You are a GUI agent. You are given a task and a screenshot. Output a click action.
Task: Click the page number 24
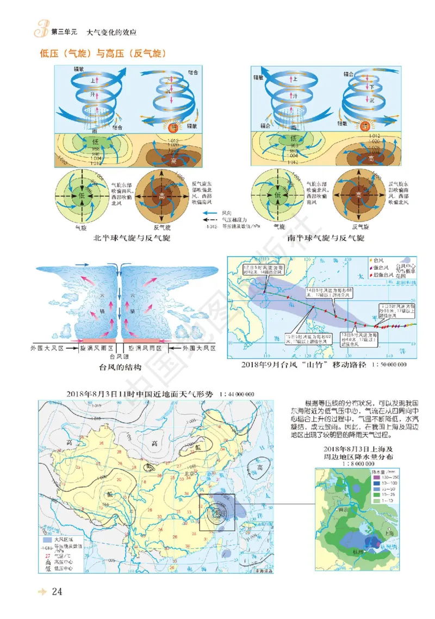(x=59, y=591)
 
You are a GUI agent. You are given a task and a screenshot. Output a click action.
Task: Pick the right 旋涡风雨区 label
(x=147, y=347)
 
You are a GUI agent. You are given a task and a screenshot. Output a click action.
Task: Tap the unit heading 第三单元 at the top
(x=61, y=33)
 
